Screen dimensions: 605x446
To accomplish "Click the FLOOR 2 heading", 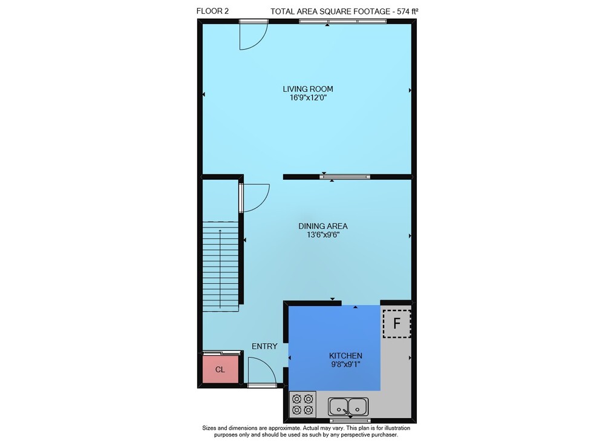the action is pos(212,11).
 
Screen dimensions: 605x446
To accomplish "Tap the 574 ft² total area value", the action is pos(407,11).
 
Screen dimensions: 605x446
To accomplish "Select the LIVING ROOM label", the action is pos(308,89).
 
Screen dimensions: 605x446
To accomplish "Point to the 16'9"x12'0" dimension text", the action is pos(309,97).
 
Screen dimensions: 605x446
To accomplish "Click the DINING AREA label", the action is pos(323,226).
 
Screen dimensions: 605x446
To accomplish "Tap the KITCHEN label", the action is pos(345,355).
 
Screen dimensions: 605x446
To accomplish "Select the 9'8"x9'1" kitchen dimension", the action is pos(345,364).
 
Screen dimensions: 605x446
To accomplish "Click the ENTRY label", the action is pos(265,347).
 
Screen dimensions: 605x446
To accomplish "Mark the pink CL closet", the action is pos(220,369).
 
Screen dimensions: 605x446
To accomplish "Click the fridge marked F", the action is pos(397,323).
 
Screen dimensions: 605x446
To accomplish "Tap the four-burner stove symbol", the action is pos(302,404).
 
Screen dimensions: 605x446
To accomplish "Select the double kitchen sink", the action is pos(348,406).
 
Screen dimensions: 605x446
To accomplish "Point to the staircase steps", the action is pos(221,266).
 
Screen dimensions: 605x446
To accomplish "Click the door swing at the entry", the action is pos(262,371).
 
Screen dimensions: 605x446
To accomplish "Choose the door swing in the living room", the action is pos(253,36).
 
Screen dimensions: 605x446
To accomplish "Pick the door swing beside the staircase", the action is pos(255,198).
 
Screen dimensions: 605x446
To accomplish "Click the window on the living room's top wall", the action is pos(342,21).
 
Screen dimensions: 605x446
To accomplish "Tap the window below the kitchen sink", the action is pos(350,421).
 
